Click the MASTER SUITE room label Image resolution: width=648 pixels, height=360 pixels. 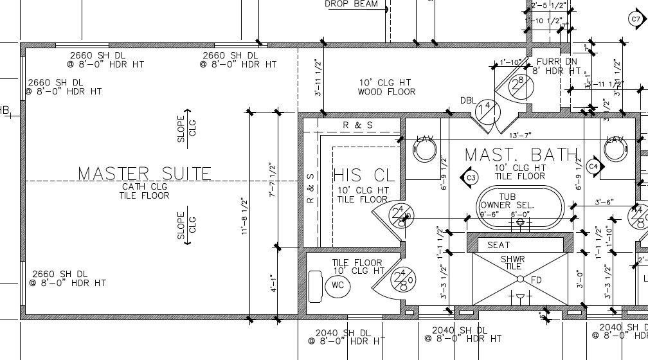(x=145, y=174)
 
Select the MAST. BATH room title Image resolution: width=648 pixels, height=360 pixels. (x=521, y=155)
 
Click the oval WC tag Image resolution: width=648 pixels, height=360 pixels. (x=339, y=286)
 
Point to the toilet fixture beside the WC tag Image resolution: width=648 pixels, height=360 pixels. (x=316, y=286)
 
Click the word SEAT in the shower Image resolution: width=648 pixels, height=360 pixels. (x=498, y=245)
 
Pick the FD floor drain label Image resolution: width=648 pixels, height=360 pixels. (x=536, y=280)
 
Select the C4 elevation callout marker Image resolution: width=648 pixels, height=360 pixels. (x=593, y=166)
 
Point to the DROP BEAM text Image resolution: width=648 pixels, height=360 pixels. (x=351, y=4)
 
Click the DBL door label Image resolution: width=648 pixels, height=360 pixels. (x=468, y=100)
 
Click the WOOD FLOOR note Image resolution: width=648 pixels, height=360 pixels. (x=386, y=92)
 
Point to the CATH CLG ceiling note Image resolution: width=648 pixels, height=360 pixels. (x=144, y=187)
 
